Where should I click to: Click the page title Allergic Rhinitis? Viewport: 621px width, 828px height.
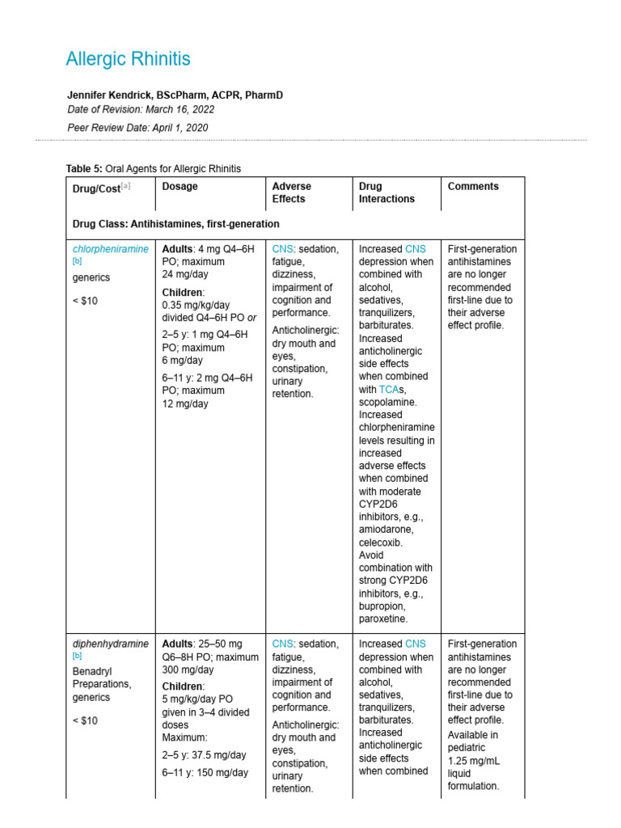click(128, 59)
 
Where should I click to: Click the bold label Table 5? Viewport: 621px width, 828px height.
click(84, 169)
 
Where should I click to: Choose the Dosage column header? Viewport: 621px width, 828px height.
click(180, 186)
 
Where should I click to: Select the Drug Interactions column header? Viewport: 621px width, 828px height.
click(387, 192)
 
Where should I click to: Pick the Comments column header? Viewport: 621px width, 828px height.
click(473, 186)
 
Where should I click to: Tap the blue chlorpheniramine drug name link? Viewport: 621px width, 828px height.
click(111, 249)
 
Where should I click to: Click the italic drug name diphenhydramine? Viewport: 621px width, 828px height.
click(111, 644)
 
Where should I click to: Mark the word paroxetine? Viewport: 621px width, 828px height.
click(382, 619)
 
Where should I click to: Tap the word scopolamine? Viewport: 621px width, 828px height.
click(388, 402)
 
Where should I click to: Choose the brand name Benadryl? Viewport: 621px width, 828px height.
click(92, 670)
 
